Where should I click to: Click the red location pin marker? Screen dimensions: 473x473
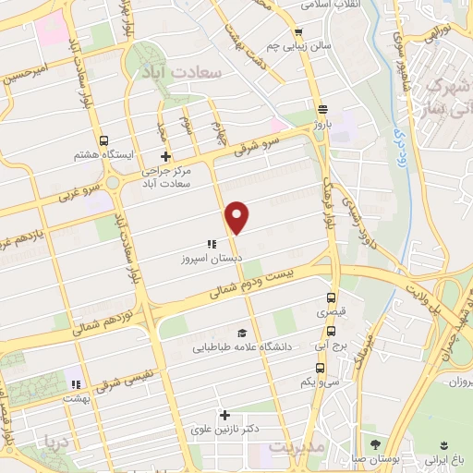pos(238,216)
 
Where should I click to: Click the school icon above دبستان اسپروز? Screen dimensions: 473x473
pos(212,245)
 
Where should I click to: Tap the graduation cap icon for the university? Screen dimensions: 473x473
pos(242,333)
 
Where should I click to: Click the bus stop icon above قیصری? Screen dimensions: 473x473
pos(331,297)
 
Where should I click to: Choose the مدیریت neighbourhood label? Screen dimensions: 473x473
pos(297,447)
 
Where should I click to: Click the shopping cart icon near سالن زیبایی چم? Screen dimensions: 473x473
pos(297,32)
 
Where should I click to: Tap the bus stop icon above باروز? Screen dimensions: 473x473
pos(321,107)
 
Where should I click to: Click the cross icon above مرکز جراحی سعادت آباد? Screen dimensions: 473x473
pos(165,156)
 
